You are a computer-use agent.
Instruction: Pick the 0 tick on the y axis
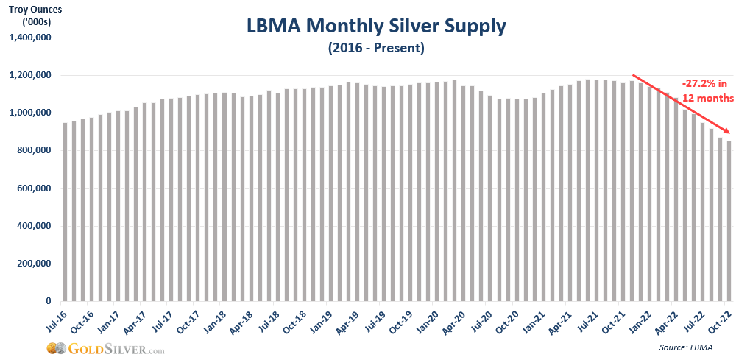[x=49, y=301]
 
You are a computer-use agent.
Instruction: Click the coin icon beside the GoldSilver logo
[x=54, y=347]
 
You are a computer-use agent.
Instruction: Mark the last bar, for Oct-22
[x=729, y=221]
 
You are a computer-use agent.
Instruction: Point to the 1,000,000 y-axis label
[x=32, y=113]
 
